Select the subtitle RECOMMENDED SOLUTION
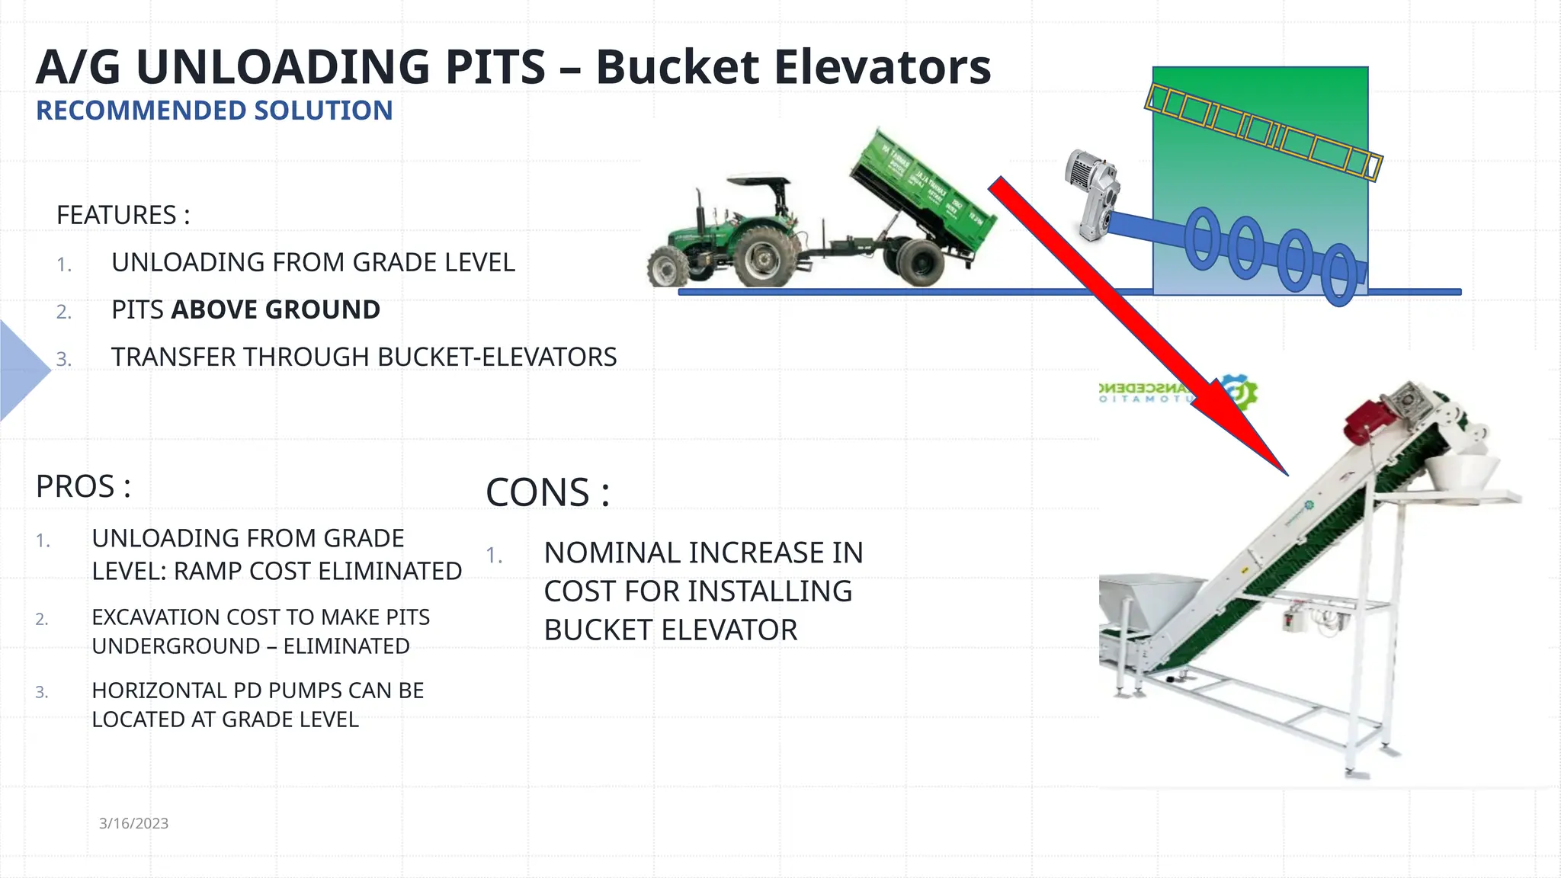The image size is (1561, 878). pos(214,111)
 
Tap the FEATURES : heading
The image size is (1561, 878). pos(123,216)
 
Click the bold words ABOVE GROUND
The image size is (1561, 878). pos(275,310)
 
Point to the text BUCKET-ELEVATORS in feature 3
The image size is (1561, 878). pos(496,357)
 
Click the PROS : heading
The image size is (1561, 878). pos(83,487)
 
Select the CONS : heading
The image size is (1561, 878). pos(547,492)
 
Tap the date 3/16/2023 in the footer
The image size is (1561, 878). pos(133,823)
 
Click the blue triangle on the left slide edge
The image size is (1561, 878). pos(21,370)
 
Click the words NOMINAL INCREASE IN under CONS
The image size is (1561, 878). pos(703,553)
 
